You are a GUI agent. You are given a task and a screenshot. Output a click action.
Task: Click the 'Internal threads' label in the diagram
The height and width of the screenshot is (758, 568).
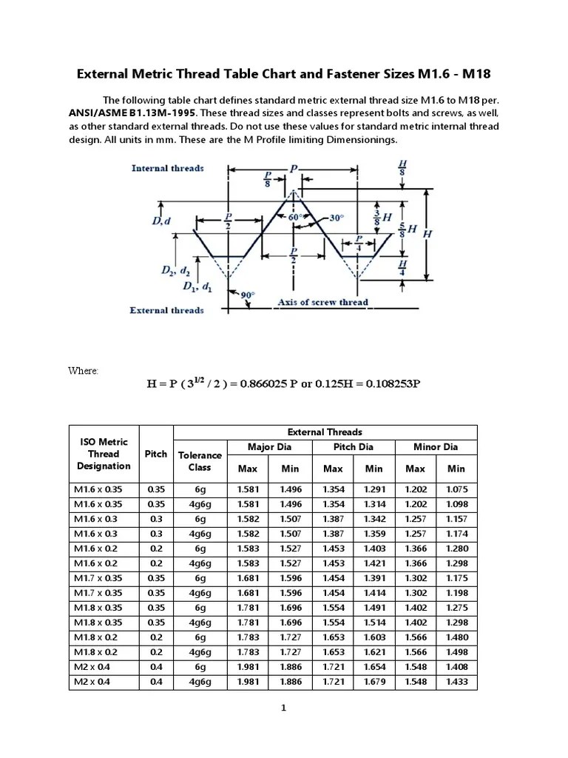(167, 168)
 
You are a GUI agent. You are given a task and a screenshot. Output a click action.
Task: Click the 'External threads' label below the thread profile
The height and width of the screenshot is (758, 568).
(166, 310)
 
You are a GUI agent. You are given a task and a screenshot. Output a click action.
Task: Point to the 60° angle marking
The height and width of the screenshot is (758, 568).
(294, 218)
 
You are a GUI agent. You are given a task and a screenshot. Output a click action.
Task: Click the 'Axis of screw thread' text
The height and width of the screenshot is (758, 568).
(322, 302)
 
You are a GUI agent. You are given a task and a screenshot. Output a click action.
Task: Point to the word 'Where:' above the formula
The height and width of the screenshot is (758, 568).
(84, 370)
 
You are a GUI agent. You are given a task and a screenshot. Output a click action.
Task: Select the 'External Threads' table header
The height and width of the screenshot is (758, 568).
(325, 432)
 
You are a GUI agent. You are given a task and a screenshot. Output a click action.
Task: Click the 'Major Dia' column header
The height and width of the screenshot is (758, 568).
(270, 446)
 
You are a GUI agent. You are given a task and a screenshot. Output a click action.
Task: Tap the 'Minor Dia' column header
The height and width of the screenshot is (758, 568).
(436, 446)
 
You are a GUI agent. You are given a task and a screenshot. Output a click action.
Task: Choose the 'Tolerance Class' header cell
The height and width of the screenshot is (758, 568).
(200, 461)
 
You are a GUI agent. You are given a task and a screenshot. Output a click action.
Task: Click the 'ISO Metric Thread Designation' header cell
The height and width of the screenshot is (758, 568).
(104, 454)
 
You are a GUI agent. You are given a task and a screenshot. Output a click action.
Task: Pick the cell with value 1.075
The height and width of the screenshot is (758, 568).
(456, 489)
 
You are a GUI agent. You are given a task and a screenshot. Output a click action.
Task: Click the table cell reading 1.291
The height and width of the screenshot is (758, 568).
(374, 489)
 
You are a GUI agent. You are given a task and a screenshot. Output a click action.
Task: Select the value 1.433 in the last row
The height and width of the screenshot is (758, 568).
(456, 682)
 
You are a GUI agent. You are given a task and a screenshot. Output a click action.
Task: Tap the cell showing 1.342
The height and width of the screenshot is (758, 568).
(374, 518)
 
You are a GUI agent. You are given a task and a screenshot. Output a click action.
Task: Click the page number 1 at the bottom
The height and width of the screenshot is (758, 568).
(283, 708)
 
